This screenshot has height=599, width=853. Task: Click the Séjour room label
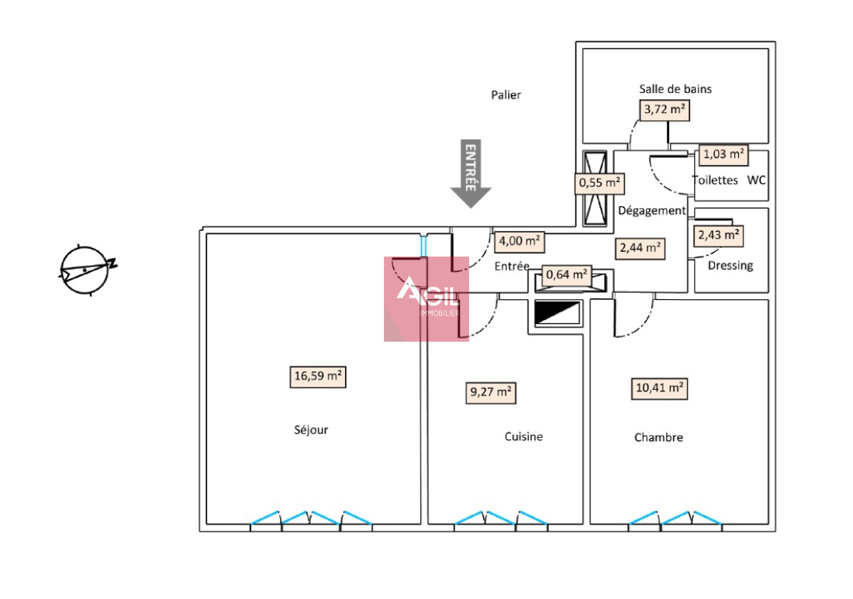[311, 430]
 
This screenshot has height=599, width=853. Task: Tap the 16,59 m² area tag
[318, 377]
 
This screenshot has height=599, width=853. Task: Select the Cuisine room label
[523, 436]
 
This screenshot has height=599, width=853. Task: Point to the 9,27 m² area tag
[491, 392]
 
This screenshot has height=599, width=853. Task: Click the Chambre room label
[658, 437]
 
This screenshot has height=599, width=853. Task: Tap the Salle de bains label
[675, 89]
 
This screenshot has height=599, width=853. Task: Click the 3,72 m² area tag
[665, 110]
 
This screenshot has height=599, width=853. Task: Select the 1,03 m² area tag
[723, 154]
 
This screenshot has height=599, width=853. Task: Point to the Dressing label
[730, 266]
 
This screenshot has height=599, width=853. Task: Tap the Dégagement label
[651, 211]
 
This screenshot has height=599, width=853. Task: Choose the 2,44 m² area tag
[640, 248]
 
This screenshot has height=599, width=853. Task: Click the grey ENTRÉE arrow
[471, 174]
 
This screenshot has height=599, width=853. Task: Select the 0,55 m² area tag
[599, 184]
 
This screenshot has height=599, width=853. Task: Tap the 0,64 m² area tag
[566, 274]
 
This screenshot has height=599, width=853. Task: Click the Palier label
[506, 95]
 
